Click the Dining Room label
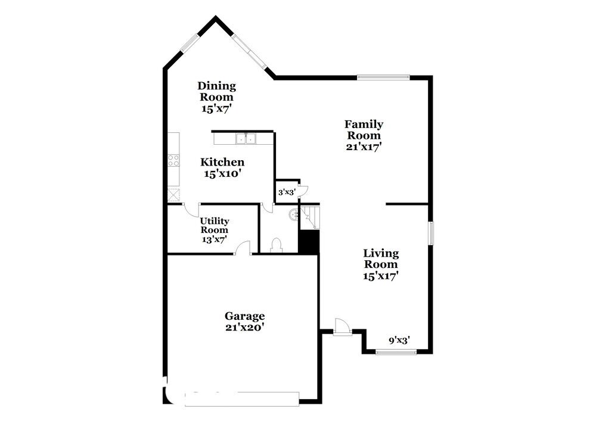pyautogui.click(x=217, y=91)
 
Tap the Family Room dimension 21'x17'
pyautogui.click(x=364, y=146)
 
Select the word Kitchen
pyautogui.click(x=222, y=162)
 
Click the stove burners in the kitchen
pyautogui.click(x=173, y=160)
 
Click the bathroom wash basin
pyautogui.click(x=293, y=215)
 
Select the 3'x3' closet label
pyautogui.click(x=287, y=192)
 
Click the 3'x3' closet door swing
pyautogui.click(x=303, y=191)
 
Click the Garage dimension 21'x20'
pyautogui.click(x=244, y=327)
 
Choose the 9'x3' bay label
pyautogui.click(x=399, y=341)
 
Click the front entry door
pyautogui.click(x=342, y=327)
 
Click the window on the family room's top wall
pyautogui.click(x=383, y=76)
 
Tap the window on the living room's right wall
pyautogui.click(x=430, y=232)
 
